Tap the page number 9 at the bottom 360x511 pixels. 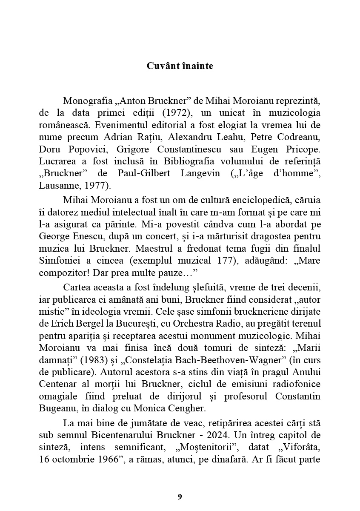click(180, 497)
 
